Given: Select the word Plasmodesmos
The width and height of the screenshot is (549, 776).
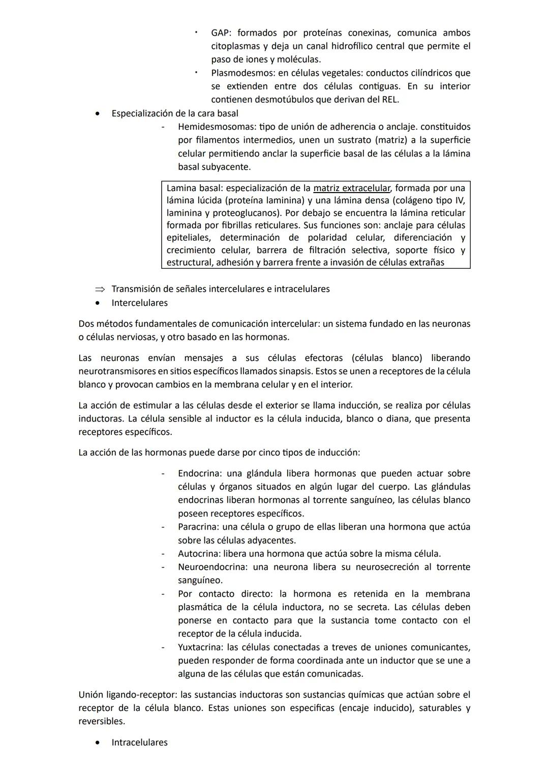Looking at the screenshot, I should [x=242, y=73].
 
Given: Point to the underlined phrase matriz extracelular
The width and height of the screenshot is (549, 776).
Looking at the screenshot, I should [x=351, y=188].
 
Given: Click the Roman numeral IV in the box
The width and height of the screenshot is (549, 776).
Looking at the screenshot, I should [x=460, y=201].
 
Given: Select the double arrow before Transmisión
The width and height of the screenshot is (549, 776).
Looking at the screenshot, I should [x=99, y=289].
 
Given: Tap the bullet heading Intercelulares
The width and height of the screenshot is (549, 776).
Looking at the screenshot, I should [x=139, y=303].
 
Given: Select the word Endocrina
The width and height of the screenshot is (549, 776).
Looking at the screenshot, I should [x=199, y=474].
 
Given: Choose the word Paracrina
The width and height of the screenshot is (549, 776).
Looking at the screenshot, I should [x=198, y=527].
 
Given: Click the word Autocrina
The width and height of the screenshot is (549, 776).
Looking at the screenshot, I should [x=199, y=554].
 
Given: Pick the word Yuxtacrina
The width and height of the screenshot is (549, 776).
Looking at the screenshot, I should [x=200, y=647].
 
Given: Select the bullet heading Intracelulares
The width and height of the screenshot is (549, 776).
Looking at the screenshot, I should [x=139, y=742].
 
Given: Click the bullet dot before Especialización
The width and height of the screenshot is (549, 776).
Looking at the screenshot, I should [x=97, y=113].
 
